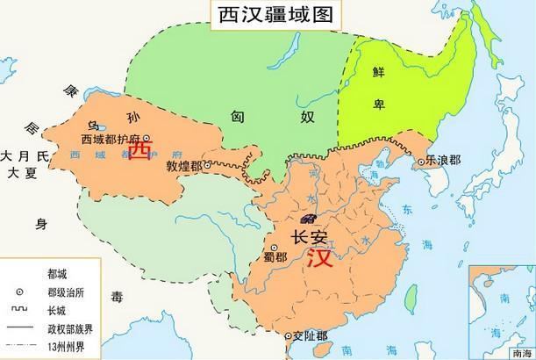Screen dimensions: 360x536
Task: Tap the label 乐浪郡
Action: [x=445, y=162]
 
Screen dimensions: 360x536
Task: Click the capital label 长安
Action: [x=309, y=237]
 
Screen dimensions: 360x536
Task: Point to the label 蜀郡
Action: [x=275, y=256]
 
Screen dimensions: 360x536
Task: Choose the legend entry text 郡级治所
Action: [x=66, y=292]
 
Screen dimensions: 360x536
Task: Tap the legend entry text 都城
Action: [x=56, y=275]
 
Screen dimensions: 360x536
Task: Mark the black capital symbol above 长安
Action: [x=308, y=218]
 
